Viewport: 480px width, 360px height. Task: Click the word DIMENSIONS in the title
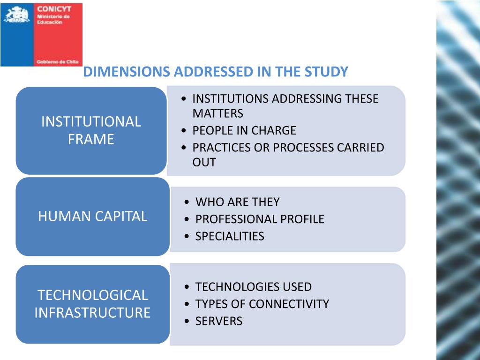(126, 72)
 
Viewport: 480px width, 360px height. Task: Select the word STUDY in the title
(326, 72)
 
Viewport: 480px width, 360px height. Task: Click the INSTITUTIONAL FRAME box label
(91, 130)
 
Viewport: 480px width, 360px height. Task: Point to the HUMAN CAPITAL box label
(92, 216)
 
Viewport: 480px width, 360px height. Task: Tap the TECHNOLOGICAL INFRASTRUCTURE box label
(92, 304)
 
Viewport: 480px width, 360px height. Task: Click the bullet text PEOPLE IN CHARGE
(244, 130)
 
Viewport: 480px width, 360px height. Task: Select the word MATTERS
(218, 113)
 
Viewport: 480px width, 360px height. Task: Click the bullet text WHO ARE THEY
(237, 202)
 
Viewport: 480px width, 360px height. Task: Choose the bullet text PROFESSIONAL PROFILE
(260, 219)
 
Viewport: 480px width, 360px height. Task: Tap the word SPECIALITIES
(230, 236)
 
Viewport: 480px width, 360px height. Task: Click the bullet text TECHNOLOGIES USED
(253, 287)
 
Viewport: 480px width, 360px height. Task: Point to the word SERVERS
(219, 321)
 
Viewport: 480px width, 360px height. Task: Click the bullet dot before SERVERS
(187, 322)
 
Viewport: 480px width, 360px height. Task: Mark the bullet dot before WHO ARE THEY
(187, 202)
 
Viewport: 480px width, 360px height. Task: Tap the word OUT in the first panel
(204, 163)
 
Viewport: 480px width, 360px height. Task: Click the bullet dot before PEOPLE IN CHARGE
(184, 131)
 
